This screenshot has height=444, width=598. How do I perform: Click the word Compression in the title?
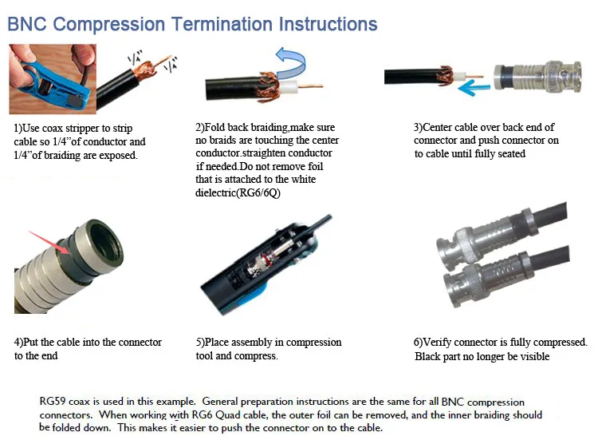click(108, 25)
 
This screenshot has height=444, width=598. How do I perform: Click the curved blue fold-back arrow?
click(290, 63)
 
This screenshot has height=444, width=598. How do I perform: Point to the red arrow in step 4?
click(49, 242)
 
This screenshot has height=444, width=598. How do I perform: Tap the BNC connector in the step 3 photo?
click(537, 78)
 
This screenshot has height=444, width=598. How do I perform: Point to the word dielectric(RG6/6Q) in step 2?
click(238, 192)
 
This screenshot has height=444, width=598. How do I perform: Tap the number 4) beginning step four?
click(18, 342)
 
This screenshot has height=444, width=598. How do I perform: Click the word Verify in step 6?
click(438, 342)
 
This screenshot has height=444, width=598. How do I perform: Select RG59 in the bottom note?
click(53, 401)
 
